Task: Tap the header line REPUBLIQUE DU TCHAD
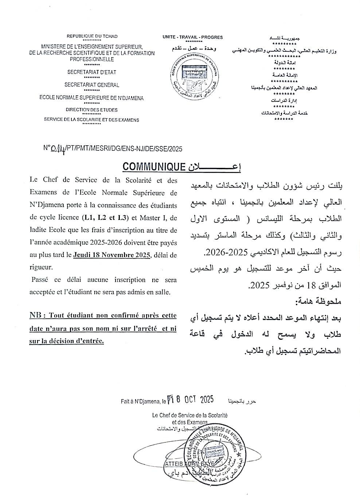92,36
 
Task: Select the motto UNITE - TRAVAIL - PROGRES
193,37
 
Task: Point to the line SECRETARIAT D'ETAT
91,72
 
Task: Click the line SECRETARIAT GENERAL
92,85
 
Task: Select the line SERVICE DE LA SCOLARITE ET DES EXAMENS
91,120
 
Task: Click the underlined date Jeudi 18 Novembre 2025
112,255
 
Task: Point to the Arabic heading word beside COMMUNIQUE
215,167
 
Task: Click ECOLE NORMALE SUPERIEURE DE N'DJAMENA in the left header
91,98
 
